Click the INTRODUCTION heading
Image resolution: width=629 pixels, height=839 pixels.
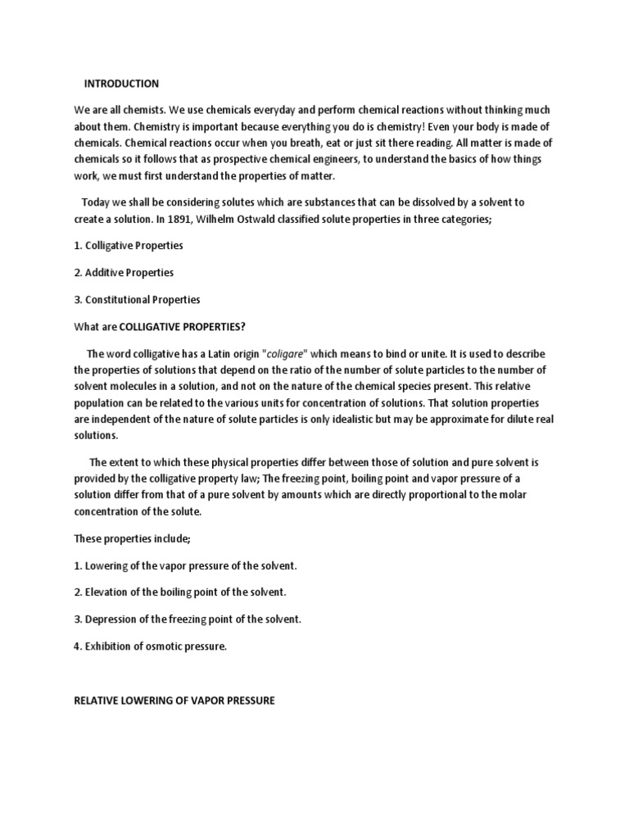(x=122, y=84)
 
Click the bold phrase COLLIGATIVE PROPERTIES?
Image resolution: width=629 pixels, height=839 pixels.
(x=183, y=326)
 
